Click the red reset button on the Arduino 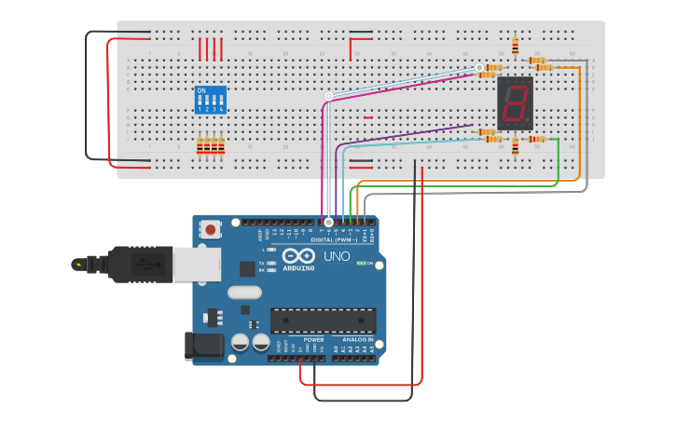click(x=212, y=229)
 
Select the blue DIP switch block click(x=210, y=100)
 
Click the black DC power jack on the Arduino click(x=205, y=346)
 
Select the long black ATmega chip click(x=323, y=320)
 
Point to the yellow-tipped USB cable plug click(x=78, y=265)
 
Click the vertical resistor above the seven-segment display click(x=516, y=45)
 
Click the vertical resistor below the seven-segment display click(x=516, y=150)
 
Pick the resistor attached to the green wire click(x=535, y=139)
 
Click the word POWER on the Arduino click(x=314, y=339)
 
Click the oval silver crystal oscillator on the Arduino click(x=245, y=293)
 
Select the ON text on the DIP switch click(x=200, y=90)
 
